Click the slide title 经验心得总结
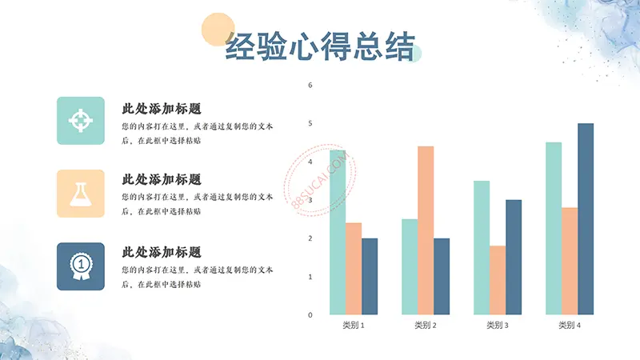pos(320,46)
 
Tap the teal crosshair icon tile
pos(81,121)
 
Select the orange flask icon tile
pos(81,194)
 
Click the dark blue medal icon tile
pos(81,266)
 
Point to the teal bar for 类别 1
pos(338,232)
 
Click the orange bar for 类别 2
pos(426,230)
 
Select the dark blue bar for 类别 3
pos(514,257)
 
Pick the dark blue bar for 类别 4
pos(586,218)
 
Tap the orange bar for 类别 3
pos(498,280)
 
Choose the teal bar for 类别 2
pos(410,267)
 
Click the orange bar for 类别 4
pos(570,262)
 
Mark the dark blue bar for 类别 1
pos(370,276)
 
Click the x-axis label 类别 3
pos(498,326)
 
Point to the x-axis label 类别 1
pos(354,326)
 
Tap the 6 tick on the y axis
pos(310,85)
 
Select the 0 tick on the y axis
pos(310,314)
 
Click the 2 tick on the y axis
pos(310,238)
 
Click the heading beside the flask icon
pos(162,179)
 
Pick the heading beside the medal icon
pos(162,252)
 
